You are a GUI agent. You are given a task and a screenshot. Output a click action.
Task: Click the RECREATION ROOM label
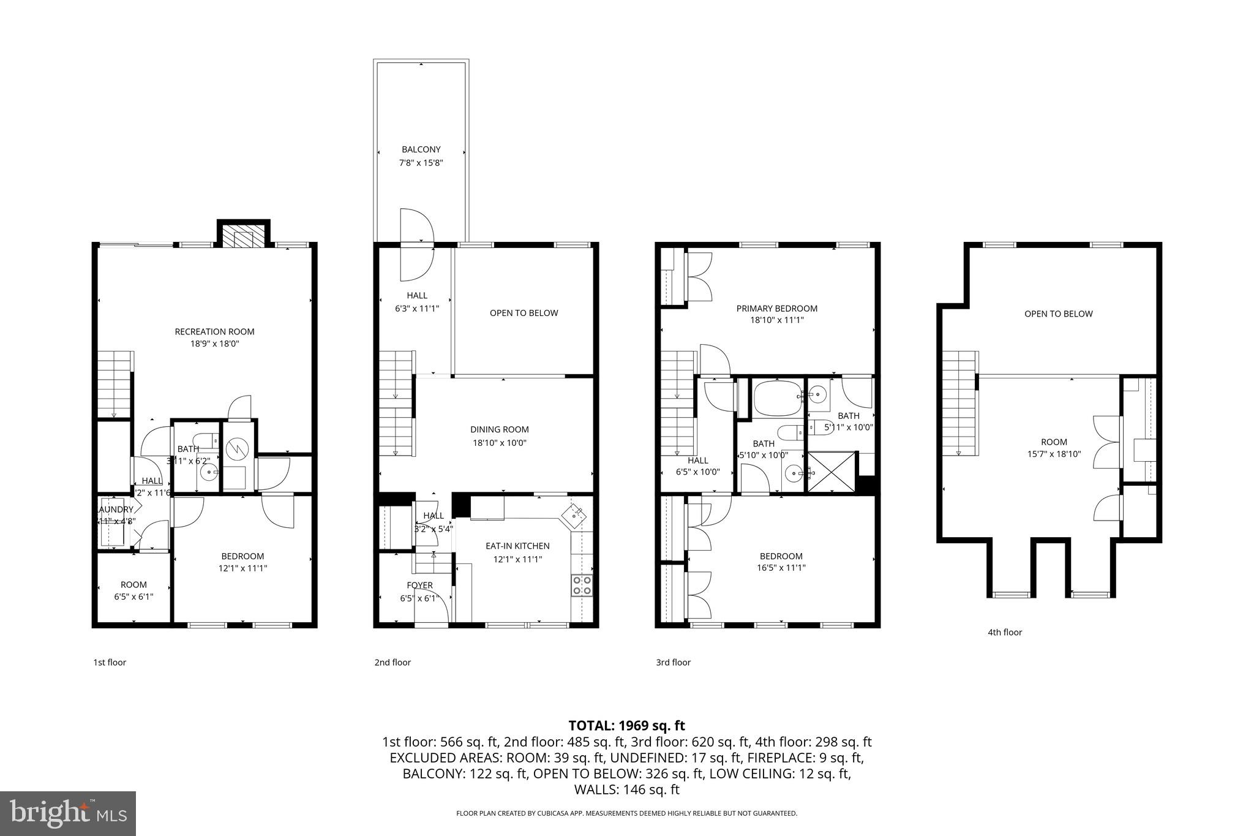[214, 331]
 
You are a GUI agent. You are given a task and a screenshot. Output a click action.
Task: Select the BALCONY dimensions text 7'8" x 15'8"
[421, 163]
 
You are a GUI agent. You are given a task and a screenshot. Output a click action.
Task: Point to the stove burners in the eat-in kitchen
[582, 585]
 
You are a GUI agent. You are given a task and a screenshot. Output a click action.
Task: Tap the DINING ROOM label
[499, 429]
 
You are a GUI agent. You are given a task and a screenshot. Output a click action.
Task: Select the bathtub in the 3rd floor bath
[776, 397]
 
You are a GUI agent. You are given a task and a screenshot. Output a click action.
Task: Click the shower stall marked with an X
[832, 472]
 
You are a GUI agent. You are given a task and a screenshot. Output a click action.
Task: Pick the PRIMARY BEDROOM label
[776, 308]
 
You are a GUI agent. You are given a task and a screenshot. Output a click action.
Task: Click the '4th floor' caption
[1004, 632]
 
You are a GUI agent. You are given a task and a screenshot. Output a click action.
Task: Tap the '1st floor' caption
[110, 662]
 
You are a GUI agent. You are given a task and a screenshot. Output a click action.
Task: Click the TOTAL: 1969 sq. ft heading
[626, 726]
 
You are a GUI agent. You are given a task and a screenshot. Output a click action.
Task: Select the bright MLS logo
[68, 813]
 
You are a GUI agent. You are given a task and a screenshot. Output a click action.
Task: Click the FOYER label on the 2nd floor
[419, 585]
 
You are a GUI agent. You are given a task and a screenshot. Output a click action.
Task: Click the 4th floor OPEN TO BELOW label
[1058, 314]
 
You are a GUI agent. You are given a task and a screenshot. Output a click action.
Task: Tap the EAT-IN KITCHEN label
[517, 546]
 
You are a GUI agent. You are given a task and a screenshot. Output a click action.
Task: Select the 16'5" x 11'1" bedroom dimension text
[781, 568]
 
